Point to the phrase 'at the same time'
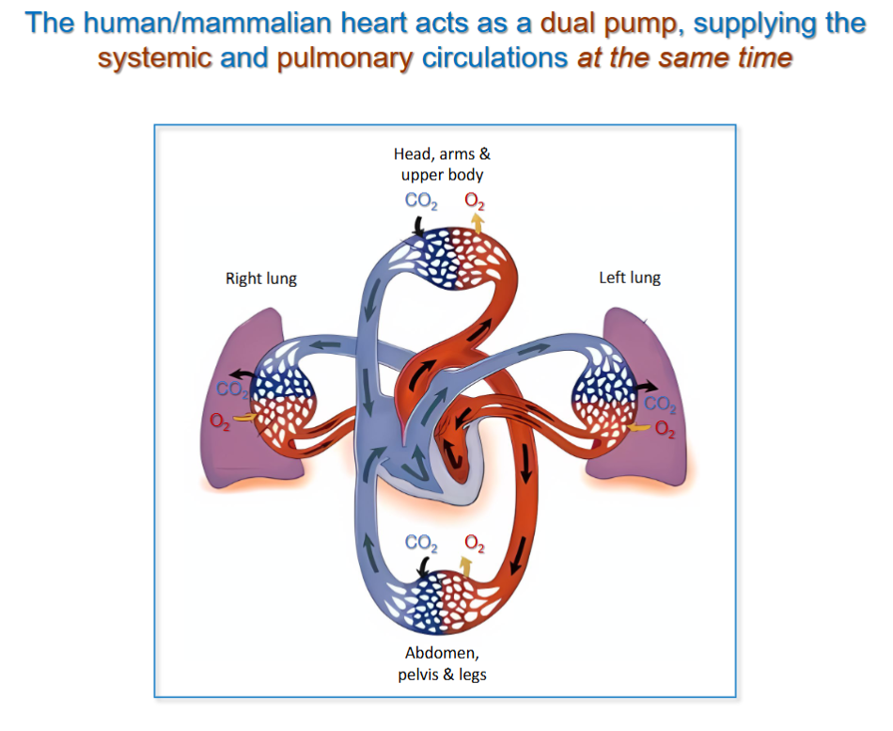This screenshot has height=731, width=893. tap(684, 58)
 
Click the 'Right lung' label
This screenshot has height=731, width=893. tap(260, 278)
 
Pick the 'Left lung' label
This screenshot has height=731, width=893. tap(630, 278)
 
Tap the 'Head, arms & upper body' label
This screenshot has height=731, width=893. tap(442, 164)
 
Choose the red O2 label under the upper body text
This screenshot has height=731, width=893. tap(475, 200)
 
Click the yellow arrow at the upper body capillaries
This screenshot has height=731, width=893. tap(478, 223)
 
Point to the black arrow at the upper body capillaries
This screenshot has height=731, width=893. tap(415, 225)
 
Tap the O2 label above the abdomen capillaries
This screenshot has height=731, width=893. tap(475, 543)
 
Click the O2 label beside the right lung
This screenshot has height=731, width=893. tap(220, 421)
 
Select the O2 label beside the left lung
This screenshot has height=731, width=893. tap(665, 429)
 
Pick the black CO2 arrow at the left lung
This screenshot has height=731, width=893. tap(645, 386)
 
